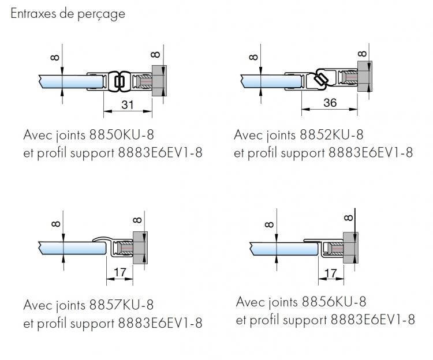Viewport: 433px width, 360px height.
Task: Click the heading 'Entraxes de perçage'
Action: pos(68,14)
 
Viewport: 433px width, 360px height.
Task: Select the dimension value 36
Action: pos(330,103)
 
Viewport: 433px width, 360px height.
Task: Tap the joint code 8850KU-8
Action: pos(122,136)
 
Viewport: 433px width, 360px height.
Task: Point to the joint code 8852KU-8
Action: pos(331,136)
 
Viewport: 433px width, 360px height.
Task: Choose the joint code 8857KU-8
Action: pos(121,304)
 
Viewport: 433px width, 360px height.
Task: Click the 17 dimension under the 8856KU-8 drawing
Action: pos(330,272)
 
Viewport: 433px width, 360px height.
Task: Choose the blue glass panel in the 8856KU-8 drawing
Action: pos(283,249)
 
